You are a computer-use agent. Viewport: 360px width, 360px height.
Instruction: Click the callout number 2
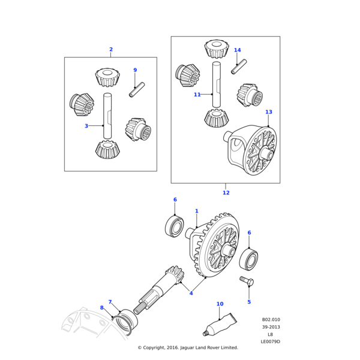(111, 49)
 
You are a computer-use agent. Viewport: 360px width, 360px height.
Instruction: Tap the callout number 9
(135, 70)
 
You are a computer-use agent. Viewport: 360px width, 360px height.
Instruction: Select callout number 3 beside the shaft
(86, 126)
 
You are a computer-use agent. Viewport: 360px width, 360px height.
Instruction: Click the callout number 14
(238, 50)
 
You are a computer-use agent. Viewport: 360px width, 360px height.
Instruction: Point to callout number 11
(197, 95)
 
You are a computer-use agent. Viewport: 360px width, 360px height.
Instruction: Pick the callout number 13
(268, 112)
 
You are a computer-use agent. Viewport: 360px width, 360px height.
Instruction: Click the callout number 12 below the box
(226, 193)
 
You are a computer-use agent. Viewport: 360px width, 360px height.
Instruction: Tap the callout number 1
(196, 211)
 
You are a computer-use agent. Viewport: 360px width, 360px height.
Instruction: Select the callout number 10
(220, 304)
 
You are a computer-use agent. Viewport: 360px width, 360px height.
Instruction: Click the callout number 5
(249, 302)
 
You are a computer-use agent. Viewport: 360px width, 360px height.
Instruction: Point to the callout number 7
(110, 302)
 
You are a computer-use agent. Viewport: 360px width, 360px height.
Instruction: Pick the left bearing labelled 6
(174, 227)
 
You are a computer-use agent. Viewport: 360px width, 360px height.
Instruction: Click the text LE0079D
(270, 341)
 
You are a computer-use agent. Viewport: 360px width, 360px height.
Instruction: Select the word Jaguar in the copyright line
(187, 347)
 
